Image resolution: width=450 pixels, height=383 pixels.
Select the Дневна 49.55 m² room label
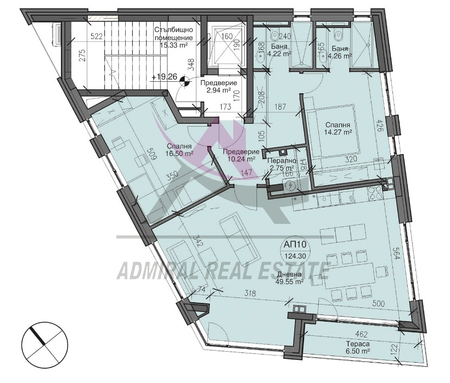(289, 279)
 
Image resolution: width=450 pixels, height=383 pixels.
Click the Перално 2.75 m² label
(281, 165)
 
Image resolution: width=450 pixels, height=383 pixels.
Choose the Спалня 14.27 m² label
(337, 128)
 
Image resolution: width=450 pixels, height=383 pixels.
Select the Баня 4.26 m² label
(340, 50)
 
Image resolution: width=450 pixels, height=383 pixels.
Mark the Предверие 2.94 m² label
(218, 86)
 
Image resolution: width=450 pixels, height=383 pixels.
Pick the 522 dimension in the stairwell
(97, 37)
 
